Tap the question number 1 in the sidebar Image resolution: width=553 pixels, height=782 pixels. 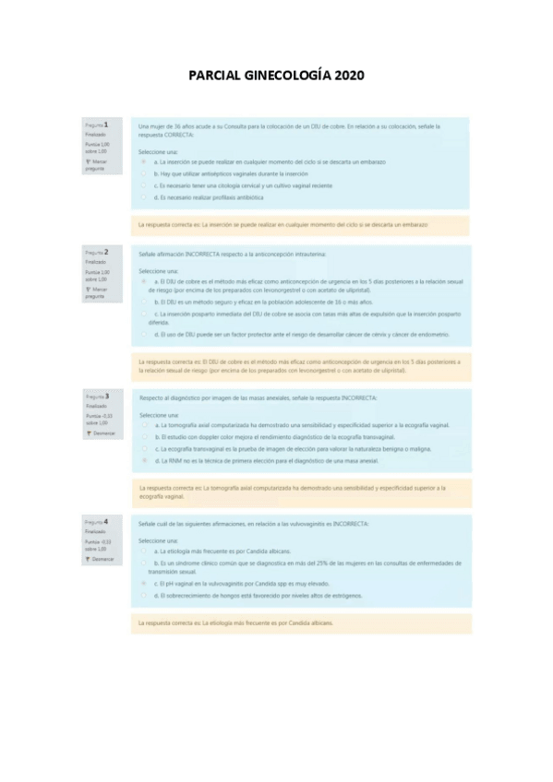point(106,124)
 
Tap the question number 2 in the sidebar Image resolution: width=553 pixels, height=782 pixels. point(106,251)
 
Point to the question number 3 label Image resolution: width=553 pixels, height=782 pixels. point(106,396)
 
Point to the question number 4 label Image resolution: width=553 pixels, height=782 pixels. point(106,522)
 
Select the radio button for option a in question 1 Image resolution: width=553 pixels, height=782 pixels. point(143,160)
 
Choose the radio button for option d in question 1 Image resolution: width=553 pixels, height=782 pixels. point(143,197)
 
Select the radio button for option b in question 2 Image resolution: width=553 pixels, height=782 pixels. point(143,302)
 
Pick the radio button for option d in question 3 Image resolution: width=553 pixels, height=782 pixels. point(143,459)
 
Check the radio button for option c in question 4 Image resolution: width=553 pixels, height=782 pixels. point(143,584)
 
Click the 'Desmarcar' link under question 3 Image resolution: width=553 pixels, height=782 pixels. point(101,432)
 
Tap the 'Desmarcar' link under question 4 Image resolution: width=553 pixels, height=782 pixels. point(101,559)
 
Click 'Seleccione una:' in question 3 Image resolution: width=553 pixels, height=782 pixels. point(158,415)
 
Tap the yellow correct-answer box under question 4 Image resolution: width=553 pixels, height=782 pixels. point(300,623)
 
